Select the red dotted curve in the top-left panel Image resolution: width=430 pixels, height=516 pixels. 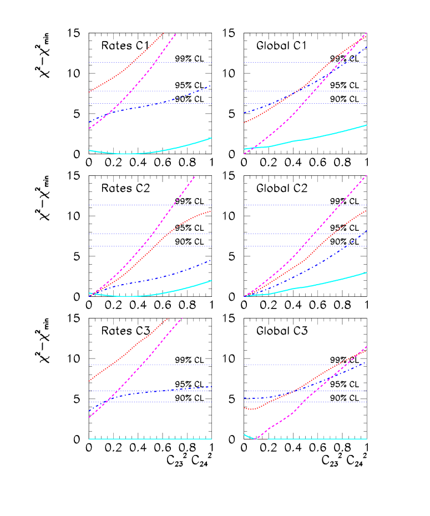coord(128,68)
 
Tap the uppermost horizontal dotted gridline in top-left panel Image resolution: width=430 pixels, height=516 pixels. coord(150,62)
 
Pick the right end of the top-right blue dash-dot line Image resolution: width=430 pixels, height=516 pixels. coord(367,47)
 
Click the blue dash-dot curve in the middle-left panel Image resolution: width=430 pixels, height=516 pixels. coord(166,275)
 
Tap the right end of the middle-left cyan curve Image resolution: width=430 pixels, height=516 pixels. coord(211,280)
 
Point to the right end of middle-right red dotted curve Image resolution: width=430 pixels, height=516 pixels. coord(367,210)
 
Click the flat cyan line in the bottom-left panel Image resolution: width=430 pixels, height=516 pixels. coord(150,439)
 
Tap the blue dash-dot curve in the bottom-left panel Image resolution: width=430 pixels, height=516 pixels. coord(166,391)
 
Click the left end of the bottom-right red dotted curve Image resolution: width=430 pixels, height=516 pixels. coord(245,408)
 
